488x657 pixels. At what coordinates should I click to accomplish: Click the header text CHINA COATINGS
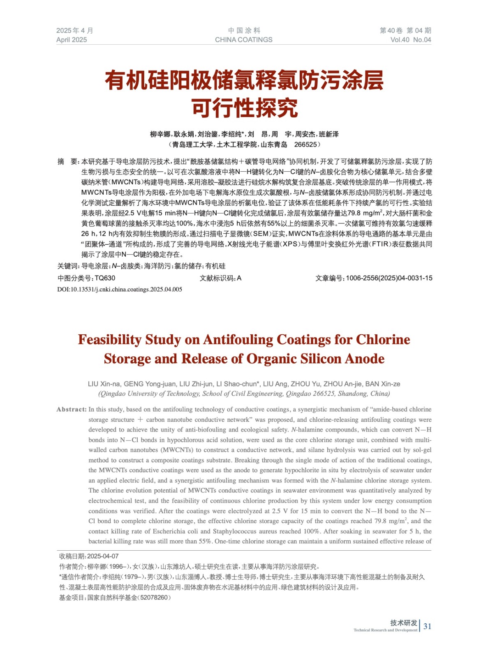click(243, 40)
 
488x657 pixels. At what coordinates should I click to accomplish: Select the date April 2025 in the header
click(72, 40)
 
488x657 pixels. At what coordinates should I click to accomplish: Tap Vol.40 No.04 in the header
click(410, 40)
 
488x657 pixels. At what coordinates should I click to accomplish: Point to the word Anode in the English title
click(364, 359)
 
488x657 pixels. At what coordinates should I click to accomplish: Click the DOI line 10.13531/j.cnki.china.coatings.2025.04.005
click(120, 289)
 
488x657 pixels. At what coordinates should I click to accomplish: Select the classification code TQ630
click(105, 278)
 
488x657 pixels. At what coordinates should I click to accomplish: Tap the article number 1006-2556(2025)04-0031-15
click(389, 278)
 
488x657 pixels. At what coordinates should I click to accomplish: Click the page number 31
click(427, 626)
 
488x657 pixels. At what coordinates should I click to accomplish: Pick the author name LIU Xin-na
click(104, 384)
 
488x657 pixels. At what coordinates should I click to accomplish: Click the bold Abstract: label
click(72, 409)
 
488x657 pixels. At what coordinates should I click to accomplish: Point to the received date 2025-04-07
click(103, 556)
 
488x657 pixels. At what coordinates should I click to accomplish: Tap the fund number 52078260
click(154, 597)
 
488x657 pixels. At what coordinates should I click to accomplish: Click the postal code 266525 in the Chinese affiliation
click(305, 145)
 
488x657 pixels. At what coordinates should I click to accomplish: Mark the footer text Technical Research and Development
click(385, 630)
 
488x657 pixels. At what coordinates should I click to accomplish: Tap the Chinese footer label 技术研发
click(404, 623)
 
